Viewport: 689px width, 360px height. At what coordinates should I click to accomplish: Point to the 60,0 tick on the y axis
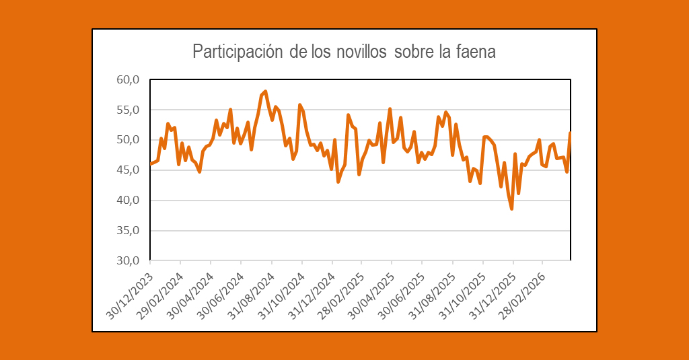[127, 80]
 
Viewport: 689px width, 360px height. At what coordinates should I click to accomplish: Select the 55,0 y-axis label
[127, 110]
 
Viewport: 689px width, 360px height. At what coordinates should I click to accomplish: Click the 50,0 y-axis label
[127, 140]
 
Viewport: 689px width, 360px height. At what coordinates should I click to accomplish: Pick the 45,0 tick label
[127, 170]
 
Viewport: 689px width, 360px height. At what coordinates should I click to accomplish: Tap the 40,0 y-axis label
[127, 201]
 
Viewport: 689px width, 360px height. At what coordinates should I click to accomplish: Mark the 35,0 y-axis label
[127, 230]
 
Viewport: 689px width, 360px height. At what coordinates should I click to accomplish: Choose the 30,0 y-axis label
[127, 260]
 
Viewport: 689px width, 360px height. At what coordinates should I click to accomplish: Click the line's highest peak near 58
[266, 92]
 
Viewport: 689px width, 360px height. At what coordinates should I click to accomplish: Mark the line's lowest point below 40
[511, 209]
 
